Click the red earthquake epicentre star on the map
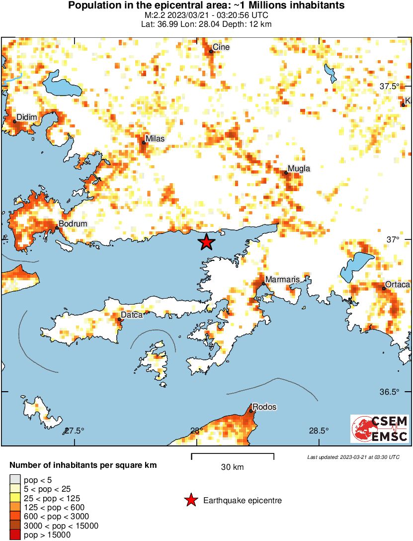206,242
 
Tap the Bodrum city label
73,224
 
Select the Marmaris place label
282,280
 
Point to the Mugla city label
299,169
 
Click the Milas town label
155,139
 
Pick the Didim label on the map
27,117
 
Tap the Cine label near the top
221,48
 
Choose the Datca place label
132,316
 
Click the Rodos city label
264,407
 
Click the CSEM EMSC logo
380,429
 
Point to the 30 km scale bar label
232,467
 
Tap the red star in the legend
190,500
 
